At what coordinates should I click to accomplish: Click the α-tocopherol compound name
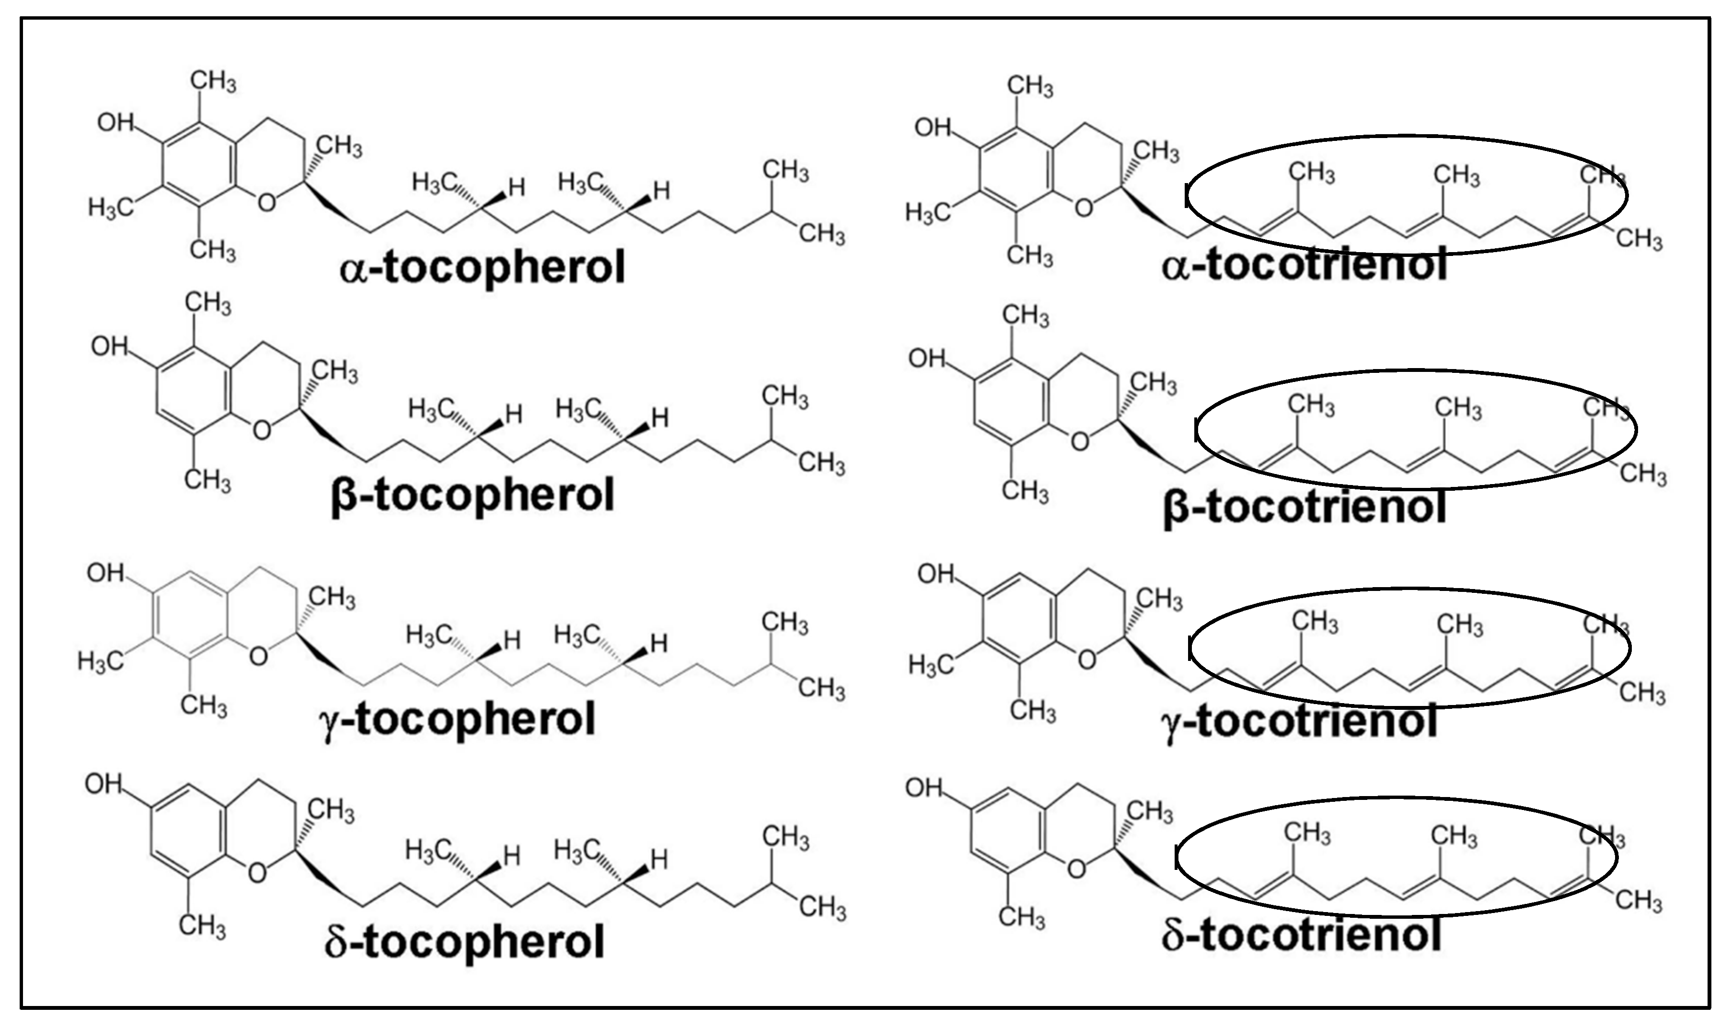pyautogui.click(x=483, y=268)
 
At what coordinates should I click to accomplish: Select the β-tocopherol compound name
pyautogui.click(x=473, y=495)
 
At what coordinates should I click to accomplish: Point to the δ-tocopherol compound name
pyautogui.click(x=464, y=942)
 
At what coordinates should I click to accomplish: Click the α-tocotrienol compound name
pyautogui.click(x=1305, y=265)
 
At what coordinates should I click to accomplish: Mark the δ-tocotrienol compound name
pyautogui.click(x=1302, y=936)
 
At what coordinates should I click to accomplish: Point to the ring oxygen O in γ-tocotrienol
pyautogui.click(x=1086, y=660)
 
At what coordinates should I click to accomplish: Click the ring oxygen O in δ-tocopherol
pyautogui.click(x=256, y=872)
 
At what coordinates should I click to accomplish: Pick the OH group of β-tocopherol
pyautogui.click(x=110, y=346)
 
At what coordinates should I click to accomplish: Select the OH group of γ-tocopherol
pyautogui.click(x=105, y=573)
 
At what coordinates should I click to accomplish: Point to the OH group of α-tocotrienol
pyautogui.click(x=933, y=127)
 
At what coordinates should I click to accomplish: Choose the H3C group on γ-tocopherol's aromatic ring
pyautogui.click(x=101, y=661)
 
